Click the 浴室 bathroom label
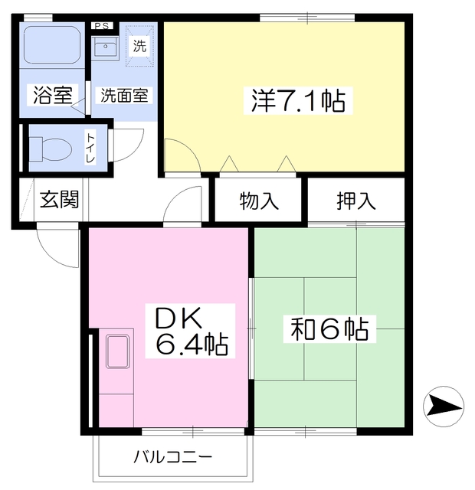pos(53,95)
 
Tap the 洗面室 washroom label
pos(124,95)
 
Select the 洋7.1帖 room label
pos(298,100)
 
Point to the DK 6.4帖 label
pos(191,331)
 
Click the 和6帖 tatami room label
pos(329,329)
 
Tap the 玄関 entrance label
pos(60,199)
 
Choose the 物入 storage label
pos(259,201)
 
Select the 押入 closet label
pos(356,201)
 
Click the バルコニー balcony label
pos(173,458)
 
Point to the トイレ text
pos(90,149)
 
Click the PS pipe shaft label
pos(102,26)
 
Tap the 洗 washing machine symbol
pos(139,46)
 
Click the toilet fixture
pos(51,149)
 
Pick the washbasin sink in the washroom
pos(106,47)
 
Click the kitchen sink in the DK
pos(117,351)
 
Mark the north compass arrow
pos(444,407)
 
